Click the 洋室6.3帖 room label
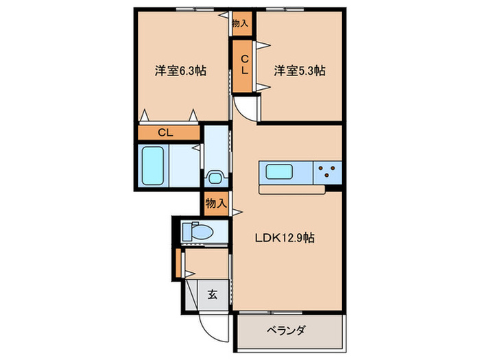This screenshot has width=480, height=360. click(181, 71)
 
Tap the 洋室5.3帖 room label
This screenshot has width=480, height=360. click(299, 71)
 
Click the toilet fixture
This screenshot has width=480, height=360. click(200, 232)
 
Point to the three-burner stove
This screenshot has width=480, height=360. click(327, 172)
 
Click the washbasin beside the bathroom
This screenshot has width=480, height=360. click(215, 178)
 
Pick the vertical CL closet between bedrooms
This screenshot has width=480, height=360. click(244, 67)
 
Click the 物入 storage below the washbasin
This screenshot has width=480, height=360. click(215, 204)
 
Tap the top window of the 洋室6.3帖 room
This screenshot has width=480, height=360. click(193, 9)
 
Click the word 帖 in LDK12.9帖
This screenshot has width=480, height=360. click(310, 239)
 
